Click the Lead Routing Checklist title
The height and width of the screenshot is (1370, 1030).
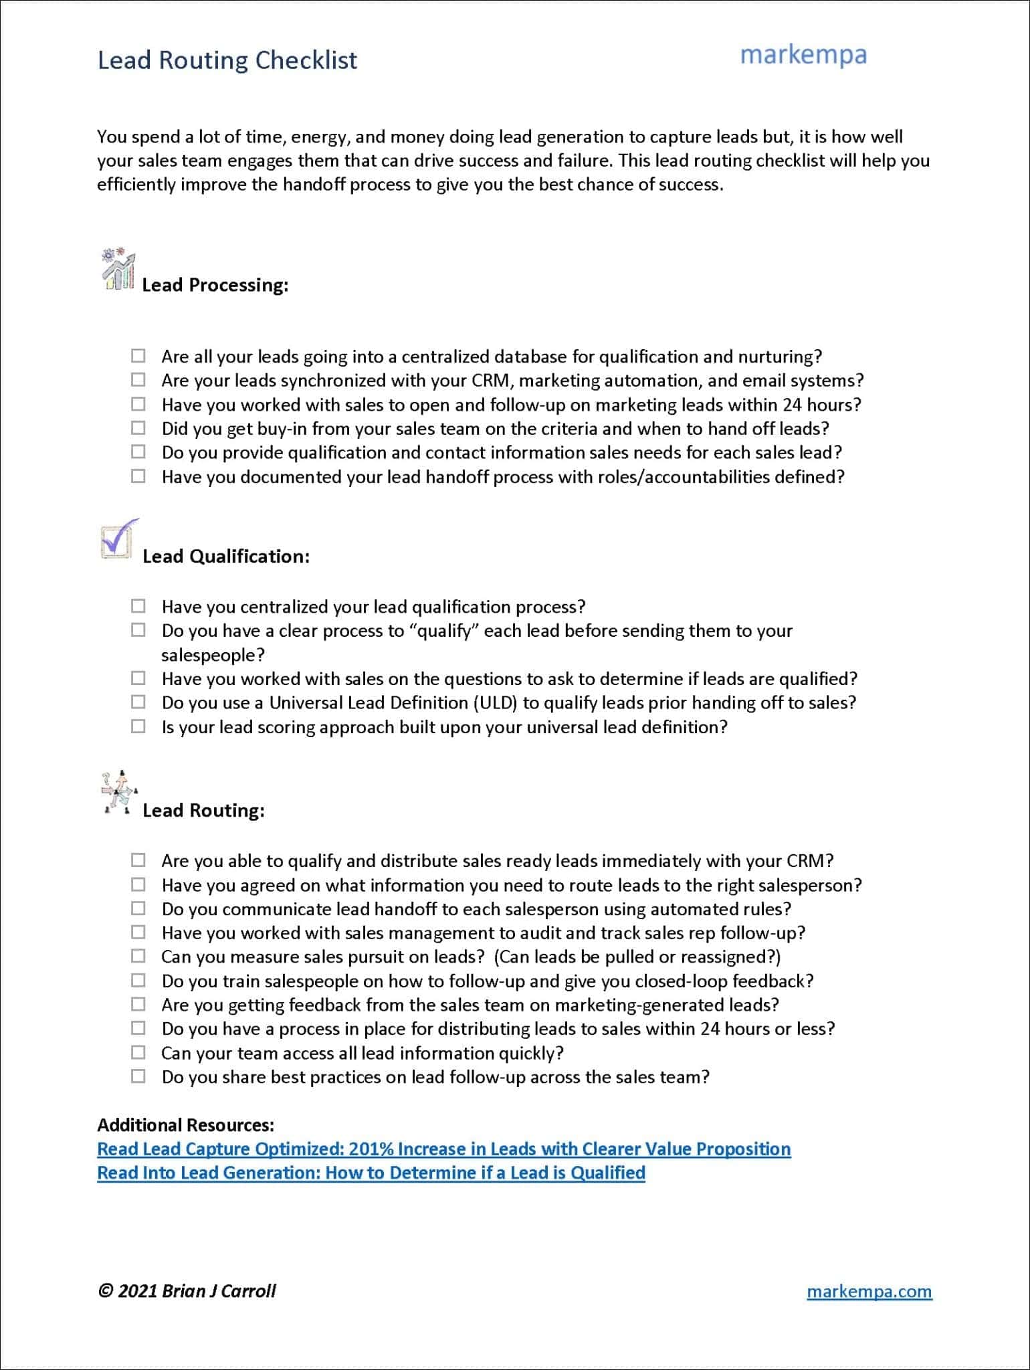[x=227, y=60]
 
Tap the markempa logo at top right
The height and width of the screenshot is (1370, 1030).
[x=803, y=55]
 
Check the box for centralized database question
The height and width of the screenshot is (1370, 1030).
[x=138, y=355]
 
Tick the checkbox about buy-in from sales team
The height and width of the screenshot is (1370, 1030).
[x=138, y=427]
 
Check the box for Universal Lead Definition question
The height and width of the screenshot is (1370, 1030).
[x=138, y=702]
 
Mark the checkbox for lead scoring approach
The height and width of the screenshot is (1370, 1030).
[x=138, y=726]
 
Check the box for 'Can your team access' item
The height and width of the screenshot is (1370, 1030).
[x=138, y=1052]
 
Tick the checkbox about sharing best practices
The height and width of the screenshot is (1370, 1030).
[x=138, y=1076]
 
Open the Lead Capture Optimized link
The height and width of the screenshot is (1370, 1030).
[x=443, y=1149]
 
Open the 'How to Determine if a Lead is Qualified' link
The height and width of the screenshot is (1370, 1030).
[x=371, y=1173]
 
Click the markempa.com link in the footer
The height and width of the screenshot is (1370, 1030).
[x=869, y=1291]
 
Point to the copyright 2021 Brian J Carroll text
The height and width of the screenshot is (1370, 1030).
[x=187, y=1291]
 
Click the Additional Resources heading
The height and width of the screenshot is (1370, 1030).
[x=185, y=1124]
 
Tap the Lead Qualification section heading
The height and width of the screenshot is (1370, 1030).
[x=225, y=557]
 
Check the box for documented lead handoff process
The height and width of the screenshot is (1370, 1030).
[x=138, y=476]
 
